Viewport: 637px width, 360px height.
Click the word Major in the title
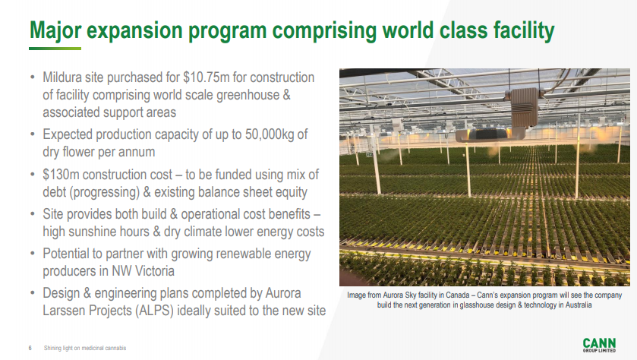pyautogui.click(x=55, y=30)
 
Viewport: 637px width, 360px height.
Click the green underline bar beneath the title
pyautogui.click(x=55, y=49)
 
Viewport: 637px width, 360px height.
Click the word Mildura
pyautogui.click(x=62, y=77)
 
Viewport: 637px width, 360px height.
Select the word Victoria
pyautogui.click(x=154, y=271)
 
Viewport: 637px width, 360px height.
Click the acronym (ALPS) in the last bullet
pyautogui.click(x=154, y=311)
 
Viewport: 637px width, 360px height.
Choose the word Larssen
pyautogui.click(x=65, y=311)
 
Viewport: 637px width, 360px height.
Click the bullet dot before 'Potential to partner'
pyautogui.click(x=33, y=254)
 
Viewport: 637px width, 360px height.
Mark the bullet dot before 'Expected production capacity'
pyautogui.click(x=33, y=134)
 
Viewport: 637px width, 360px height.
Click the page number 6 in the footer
pyautogui.click(x=30, y=348)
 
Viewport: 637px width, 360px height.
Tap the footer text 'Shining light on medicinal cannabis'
pyautogui.click(x=85, y=348)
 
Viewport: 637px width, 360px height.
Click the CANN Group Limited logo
pyautogui.click(x=599, y=345)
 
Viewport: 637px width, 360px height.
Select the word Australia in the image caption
pyautogui.click(x=578, y=305)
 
